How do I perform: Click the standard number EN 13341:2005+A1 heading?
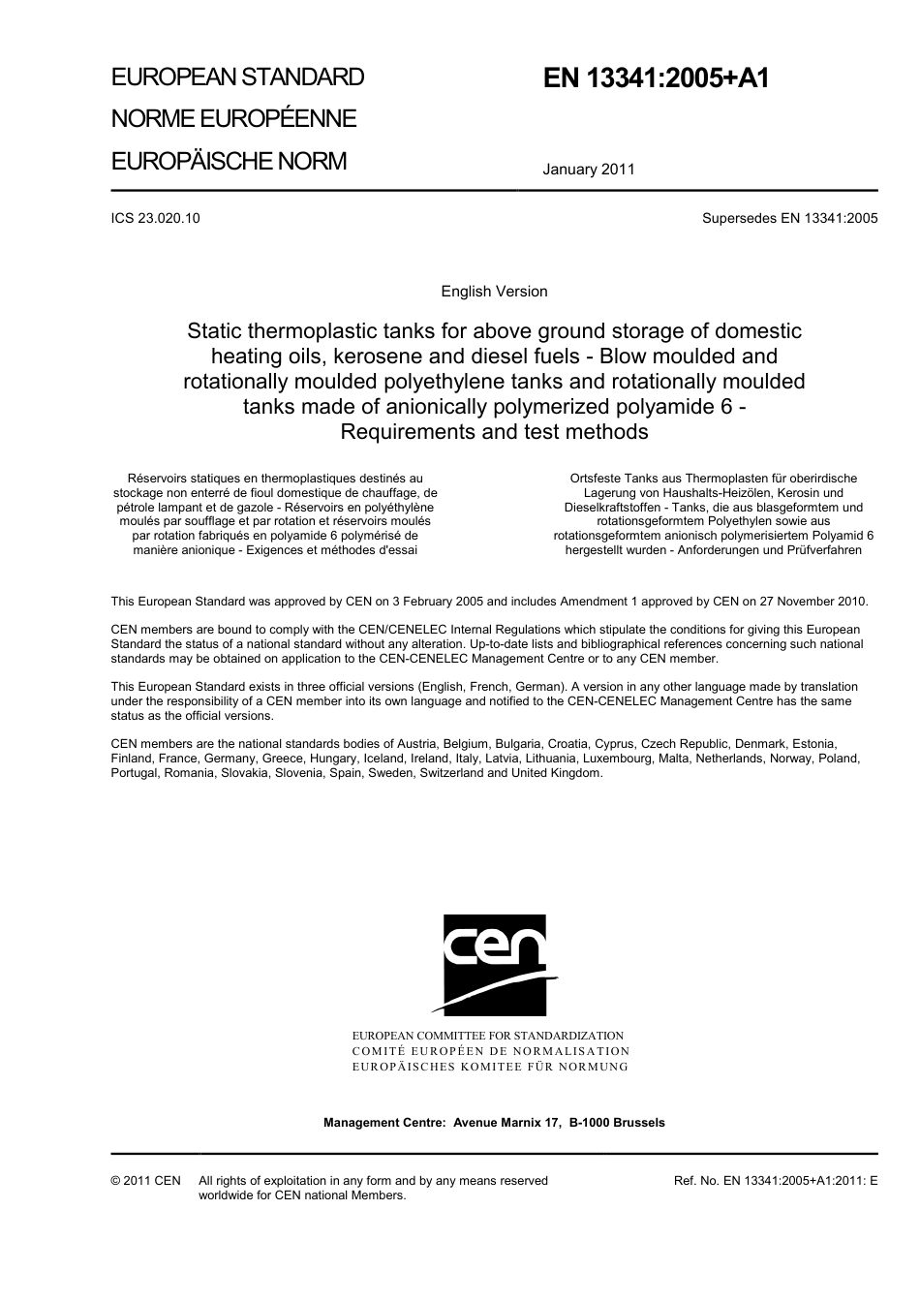click(x=656, y=78)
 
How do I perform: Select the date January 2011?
click(x=588, y=170)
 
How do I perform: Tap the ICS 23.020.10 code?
click(x=156, y=218)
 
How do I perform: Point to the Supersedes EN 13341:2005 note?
click(x=789, y=218)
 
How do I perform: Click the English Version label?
click(x=494, y=292)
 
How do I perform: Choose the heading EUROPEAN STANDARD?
click(x=237, y=78)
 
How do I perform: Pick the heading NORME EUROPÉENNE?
click(x=233, y=119)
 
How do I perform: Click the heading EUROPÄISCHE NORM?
click(x=229, y=161)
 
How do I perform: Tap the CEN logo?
click(x=494, y=965)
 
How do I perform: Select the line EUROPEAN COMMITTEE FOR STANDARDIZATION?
click(x=488, y=1036)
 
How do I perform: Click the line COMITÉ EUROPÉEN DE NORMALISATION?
click(x=490, y=1051)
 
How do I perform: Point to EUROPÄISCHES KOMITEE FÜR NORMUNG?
click(x=490, y=1067)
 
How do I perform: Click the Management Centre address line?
click(x=494, y=1123)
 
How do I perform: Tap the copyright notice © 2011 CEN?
click(x=145, y=1181)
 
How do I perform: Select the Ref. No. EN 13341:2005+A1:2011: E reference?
click(x=775, y=1181)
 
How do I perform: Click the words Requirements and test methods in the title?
click(x=494, y=432)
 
